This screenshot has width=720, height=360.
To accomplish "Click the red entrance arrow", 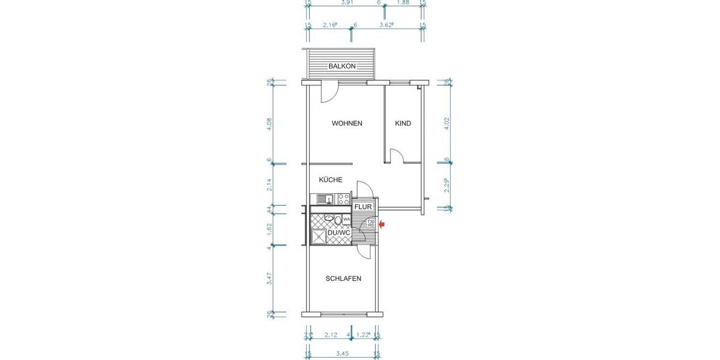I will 382,225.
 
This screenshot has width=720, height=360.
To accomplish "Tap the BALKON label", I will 342,66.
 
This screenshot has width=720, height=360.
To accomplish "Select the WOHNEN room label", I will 347,124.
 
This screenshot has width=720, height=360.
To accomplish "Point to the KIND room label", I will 403,124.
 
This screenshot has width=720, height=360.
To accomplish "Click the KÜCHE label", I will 331,179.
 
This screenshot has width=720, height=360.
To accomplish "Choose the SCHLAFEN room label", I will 343,278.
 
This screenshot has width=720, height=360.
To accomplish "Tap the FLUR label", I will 363,207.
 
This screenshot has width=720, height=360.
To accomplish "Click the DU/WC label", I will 338,232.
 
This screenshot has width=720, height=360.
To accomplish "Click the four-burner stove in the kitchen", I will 344,199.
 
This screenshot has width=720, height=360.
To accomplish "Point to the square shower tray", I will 318,237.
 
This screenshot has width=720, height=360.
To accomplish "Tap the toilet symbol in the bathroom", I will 338,220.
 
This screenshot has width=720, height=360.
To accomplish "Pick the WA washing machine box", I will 346,220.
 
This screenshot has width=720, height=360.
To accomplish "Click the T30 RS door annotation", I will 371,224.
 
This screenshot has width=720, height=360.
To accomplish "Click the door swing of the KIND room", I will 395,156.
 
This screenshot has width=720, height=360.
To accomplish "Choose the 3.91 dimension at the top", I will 346,3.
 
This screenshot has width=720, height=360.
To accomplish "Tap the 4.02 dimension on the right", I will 446,123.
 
